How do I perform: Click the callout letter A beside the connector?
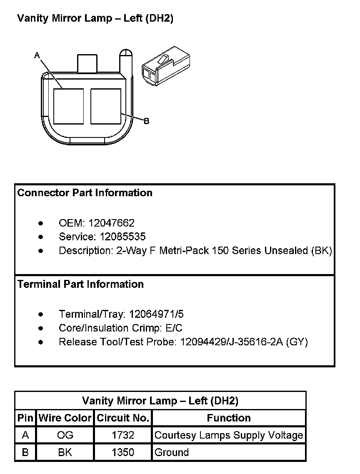(x=37, y=55)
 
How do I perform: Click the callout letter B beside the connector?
(x=146, y=121)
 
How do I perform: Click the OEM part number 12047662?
(x=111, y=223)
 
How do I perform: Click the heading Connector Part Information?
(x=85, y=193)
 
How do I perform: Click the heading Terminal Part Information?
(x=80, y=284)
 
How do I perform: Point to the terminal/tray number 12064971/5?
(x=156, y=314)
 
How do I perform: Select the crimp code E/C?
(x=173, y=328)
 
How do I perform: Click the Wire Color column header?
(x=65, y=418)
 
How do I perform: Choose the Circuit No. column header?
(x=123, y=418)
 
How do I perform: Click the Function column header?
(x=229, y=418)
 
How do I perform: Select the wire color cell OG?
(x=65, y=435)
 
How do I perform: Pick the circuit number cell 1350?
(x=123, y=452)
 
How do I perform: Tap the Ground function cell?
(x=172, y=452)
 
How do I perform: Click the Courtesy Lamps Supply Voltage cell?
(x=229, y=435)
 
